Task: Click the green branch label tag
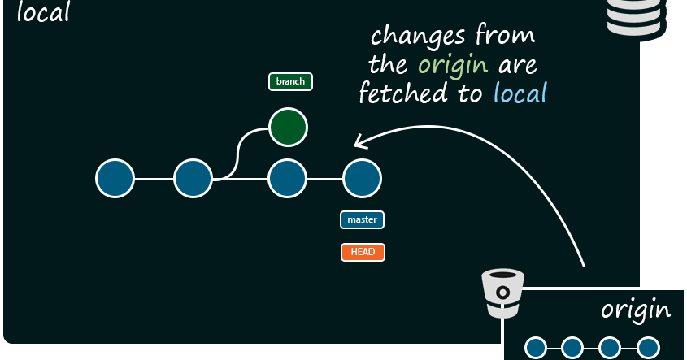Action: click(290, 81)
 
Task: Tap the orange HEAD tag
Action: click(363, 252)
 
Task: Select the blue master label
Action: click(362, 219)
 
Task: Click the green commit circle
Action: click(288, 128)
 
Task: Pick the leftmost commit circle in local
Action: click(115, 179)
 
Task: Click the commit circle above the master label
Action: click(362, 179)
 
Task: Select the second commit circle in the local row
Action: click(193, 179)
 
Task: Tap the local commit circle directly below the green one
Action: click(287, 179)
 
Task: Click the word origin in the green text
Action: click(453, 64)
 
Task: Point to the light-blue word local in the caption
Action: click(520, 93)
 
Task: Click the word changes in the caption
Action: click(419, 36)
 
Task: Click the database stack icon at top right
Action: click(633, 16)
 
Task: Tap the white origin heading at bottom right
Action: click(635, 309)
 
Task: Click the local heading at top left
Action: click(42, 12)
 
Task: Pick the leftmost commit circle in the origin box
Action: click(535, 348)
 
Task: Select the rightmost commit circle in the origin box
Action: click(647, 348)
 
